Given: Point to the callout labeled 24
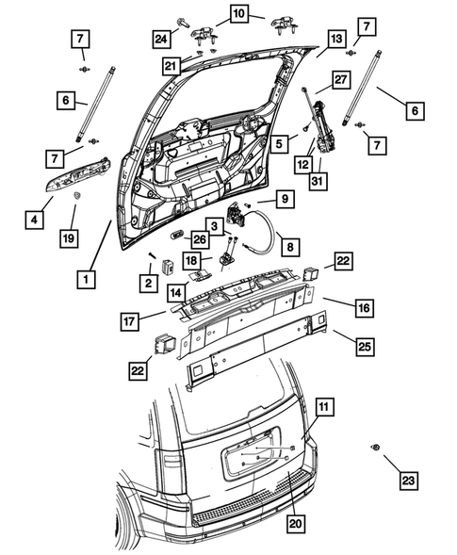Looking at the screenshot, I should coord(162,38).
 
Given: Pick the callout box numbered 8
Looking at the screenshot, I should coord(290,246).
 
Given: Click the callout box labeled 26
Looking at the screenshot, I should coord(200,238).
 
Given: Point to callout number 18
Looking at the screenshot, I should coord(190,260).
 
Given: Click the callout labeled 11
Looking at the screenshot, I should coord(323,407).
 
